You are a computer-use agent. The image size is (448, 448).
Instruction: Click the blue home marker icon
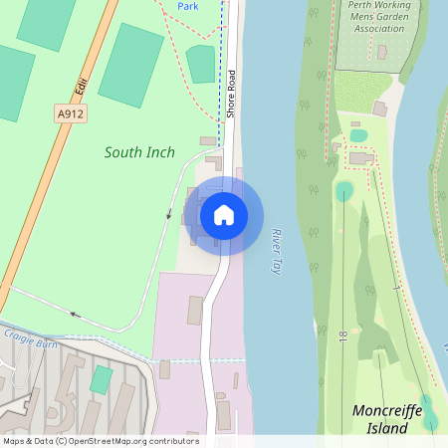click(224, 214)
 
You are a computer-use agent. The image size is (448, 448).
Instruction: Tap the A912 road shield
click(70, 114)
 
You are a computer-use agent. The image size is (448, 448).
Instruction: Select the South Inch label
click(139, 152)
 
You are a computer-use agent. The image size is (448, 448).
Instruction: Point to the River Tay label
click(278, 250)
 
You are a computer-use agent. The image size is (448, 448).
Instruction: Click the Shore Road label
click(230, 95)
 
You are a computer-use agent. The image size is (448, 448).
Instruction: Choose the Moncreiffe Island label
click(387, 419)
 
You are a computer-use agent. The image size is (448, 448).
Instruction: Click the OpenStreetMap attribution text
click(100, 440)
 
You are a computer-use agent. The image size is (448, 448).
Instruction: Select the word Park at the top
click(188, 6)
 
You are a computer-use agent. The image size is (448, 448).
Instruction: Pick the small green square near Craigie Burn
click(101, 379)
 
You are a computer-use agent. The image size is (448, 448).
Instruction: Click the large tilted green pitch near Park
click(130, 65)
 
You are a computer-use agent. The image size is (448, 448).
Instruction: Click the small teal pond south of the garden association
click(358, 135)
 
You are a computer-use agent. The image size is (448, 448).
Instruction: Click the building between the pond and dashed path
click(361, 158)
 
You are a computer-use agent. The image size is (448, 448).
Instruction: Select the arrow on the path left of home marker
click(169, 213)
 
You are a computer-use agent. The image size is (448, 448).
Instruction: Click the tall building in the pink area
click(195, 310)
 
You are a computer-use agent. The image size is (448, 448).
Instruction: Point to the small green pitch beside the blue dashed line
click(200, 64)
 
